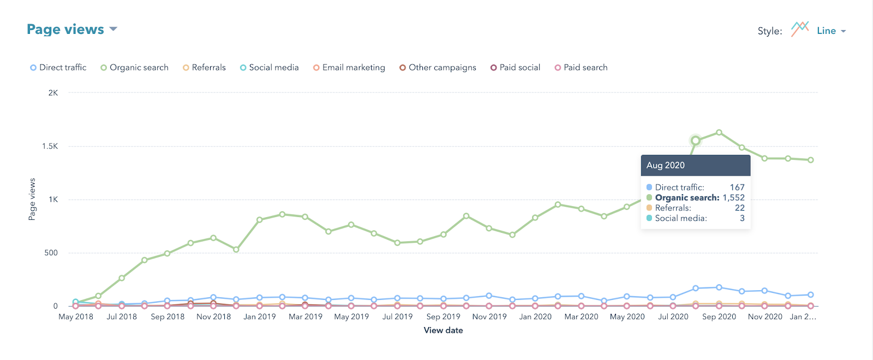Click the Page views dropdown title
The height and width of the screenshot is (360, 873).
tap(71, 29)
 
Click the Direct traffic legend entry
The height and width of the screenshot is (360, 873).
tap(58, 68)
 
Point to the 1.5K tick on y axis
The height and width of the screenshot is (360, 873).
tap(50, 146)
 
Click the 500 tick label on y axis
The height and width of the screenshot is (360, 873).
tap(51, 253)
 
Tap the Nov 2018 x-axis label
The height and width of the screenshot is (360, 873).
tap(213, 316)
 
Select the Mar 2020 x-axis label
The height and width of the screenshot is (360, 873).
tap(581, 316)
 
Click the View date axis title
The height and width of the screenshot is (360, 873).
tap(443, 330)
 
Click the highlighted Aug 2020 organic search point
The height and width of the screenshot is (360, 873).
tap(696, 141)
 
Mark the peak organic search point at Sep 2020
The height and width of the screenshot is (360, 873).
tap(719, 133)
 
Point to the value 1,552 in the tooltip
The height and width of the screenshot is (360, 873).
tap(733, 197)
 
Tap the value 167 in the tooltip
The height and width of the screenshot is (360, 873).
tap(737, 187)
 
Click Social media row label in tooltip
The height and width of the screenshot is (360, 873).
tap(680, 218)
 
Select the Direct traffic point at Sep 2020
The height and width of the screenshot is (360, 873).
tap(719, 287)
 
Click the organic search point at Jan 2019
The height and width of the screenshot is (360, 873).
tap(260, 220)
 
